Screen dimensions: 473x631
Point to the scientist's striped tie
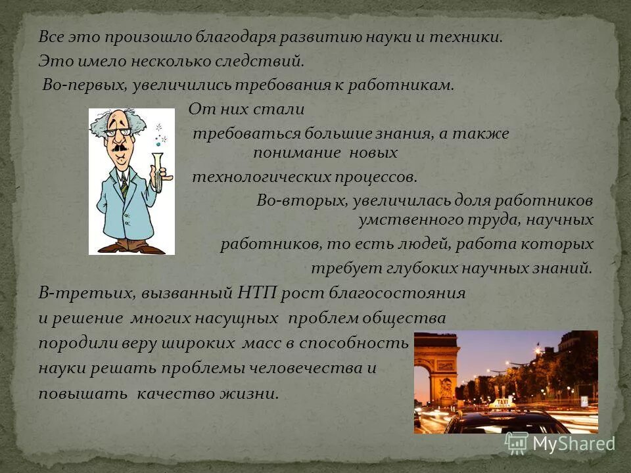[x=124, y=185]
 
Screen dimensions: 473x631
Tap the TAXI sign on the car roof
[x=503, y=401]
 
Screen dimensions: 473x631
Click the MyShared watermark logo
[x=559, y=443]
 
